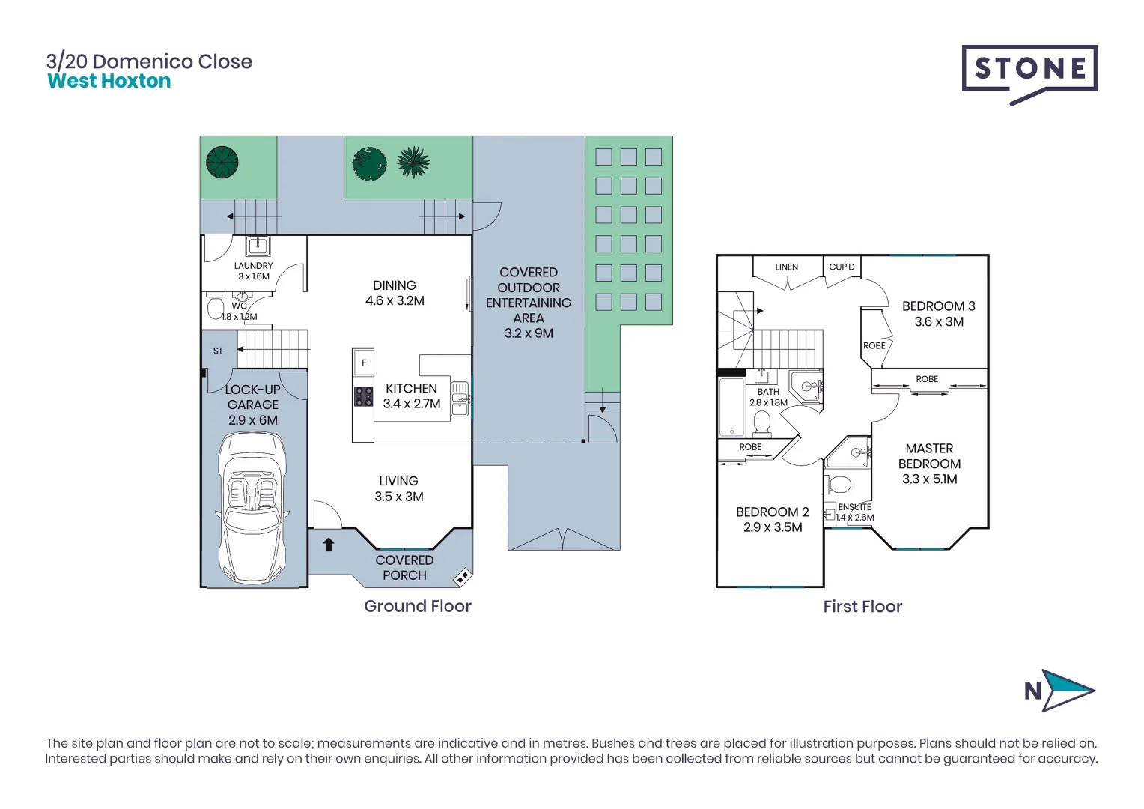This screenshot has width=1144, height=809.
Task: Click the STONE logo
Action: coord(1029,70)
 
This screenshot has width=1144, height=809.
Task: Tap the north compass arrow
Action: coord(1068,690)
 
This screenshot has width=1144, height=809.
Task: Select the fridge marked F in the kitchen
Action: coord(364,363)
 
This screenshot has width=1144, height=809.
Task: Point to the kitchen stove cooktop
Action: coord(364,396)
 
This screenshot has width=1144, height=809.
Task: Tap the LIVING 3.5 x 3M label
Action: coord(398,488)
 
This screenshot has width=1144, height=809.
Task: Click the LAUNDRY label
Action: coord(253,266)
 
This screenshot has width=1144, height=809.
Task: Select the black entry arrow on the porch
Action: coord(328,544)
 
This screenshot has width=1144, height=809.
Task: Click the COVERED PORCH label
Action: coord(404,568)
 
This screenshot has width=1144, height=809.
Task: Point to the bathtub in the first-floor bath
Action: coord(731,407)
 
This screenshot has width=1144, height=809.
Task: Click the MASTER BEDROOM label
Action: coord(929,464)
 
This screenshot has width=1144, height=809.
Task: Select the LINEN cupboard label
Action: coord(786,267)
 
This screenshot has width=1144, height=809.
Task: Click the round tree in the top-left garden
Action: coord(222,162)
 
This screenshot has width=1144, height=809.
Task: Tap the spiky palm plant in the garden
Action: coord(413,162)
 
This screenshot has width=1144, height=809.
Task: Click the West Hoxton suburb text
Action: coord(109,82)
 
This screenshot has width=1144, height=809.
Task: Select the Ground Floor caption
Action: coord(417,607)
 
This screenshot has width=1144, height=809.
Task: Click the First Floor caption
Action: coord(862,607)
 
